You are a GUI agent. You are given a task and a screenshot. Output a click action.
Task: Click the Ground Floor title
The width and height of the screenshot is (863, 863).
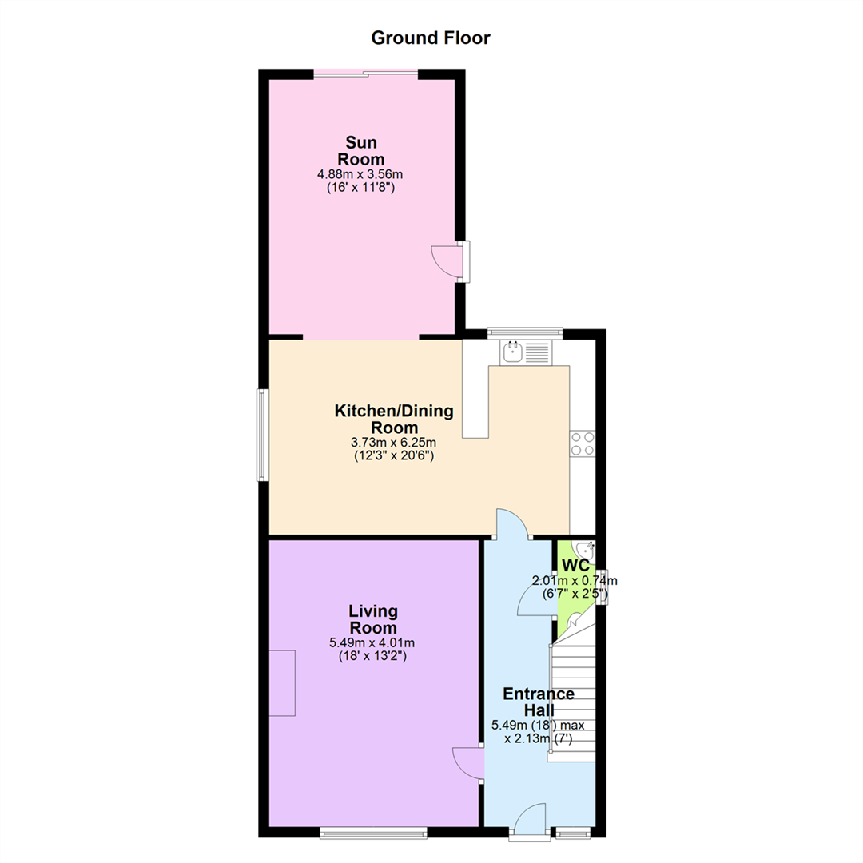(x=431, y=38)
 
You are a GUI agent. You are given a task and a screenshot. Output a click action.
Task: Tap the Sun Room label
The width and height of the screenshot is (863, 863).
(x=360, y=151)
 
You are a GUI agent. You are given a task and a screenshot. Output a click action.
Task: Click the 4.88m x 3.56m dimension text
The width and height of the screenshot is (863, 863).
(x=360, y=174)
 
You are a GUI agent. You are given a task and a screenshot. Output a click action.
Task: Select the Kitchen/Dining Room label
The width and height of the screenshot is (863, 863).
(x=394, y=419)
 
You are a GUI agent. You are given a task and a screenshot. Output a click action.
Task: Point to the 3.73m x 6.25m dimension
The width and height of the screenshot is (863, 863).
(x=393, y=443)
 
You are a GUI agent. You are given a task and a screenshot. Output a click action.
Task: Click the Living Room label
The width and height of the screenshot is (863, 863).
(x=373, y=619)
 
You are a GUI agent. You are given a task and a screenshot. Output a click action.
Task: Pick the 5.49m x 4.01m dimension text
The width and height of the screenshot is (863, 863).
(x=372, y=642)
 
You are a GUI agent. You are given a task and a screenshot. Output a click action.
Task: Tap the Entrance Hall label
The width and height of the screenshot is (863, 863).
(x=539, y=702)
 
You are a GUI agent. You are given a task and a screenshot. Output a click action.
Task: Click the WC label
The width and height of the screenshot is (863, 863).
(x=575, y=565)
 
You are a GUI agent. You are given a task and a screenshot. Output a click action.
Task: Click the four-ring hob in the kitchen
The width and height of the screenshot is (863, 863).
(x=583, y=443)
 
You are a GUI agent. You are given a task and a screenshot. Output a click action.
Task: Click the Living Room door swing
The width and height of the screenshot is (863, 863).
(x=467, y=763)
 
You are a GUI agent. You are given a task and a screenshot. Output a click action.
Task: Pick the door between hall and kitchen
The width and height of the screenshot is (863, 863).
(x=512, y=523)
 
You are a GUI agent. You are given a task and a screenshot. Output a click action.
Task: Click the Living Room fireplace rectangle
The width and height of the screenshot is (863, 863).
(x=282, y=683)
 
